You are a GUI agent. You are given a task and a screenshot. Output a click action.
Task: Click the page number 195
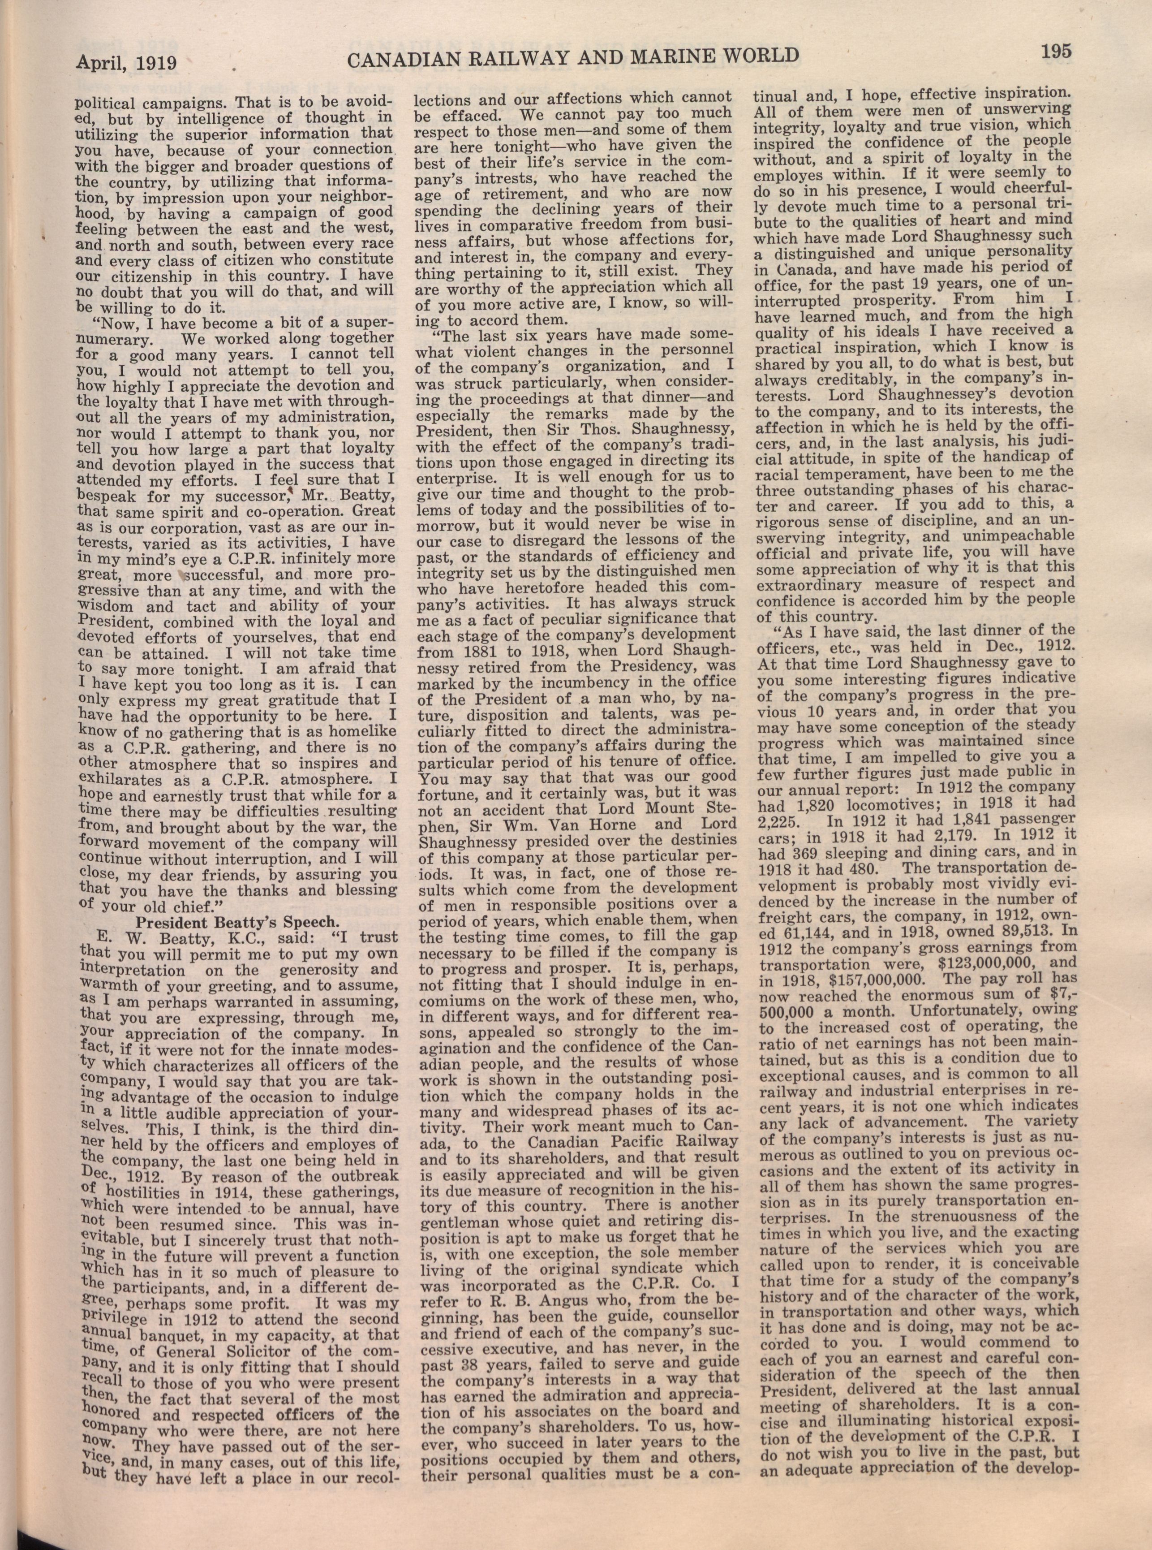point(1056,52)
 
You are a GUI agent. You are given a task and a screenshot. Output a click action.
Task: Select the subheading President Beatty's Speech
point(238,919)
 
